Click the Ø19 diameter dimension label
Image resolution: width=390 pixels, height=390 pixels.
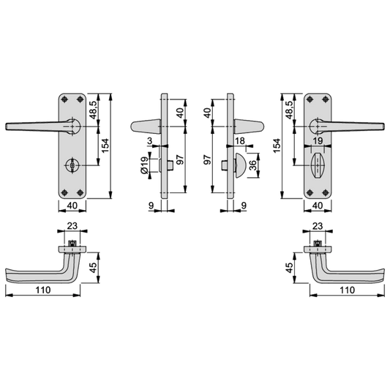coord(144,165)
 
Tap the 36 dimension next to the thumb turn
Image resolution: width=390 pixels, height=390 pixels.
coord(252,165)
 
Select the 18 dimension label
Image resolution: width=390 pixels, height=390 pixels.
coord(240,140)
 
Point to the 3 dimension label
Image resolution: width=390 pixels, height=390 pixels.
coord(149,140)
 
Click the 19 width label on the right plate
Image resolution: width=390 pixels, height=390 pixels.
coord(318,140)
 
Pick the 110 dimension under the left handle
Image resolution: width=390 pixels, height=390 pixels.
coord(43,290)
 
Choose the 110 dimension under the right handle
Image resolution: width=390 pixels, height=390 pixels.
coord(348,290)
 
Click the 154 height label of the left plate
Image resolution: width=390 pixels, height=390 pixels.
coord(105,146)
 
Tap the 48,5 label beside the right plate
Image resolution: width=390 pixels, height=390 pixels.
coord(289,110)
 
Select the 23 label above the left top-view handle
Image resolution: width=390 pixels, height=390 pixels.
coord(72,226)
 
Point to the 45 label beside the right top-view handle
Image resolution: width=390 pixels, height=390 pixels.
coord(289,268)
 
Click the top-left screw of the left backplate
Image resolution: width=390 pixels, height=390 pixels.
coord(64,99)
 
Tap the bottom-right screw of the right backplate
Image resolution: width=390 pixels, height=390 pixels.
coord(326,192)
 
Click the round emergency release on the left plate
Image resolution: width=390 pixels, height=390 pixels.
coord(72,165)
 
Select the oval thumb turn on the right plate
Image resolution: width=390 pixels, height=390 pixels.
coord(318,165)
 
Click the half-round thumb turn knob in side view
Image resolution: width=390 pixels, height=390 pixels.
coord(241,165)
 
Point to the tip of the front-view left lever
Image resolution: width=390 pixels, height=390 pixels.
coord(6,127)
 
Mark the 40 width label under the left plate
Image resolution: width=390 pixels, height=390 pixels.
coord(72,206)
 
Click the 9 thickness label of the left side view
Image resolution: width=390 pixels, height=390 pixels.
coord(151,206)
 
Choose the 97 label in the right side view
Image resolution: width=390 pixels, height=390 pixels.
coord(207,160)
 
